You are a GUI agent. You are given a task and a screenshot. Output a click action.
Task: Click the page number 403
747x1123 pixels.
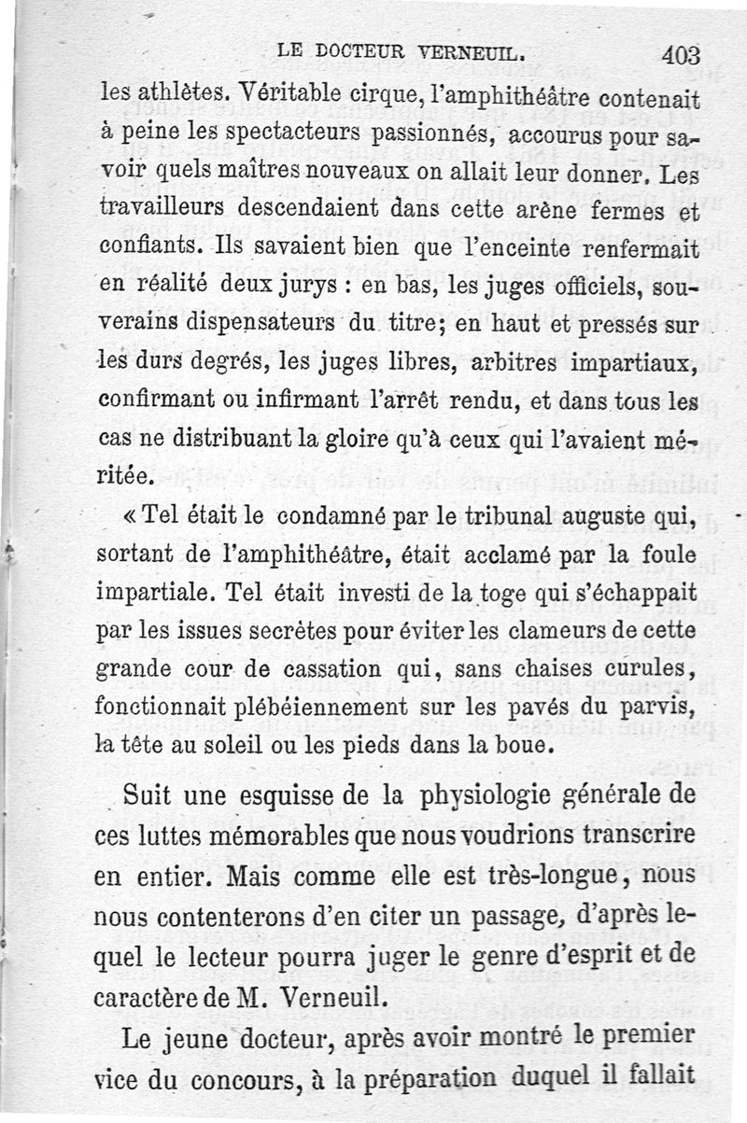point(681,55)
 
